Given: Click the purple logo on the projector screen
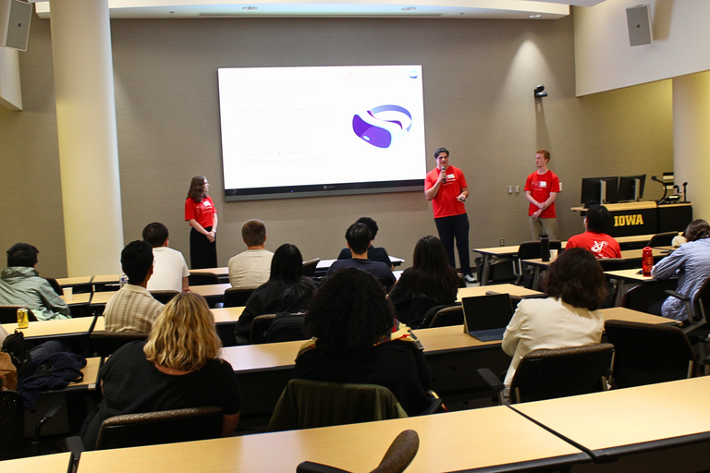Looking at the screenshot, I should [381, 126].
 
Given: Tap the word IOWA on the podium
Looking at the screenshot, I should [628, 220].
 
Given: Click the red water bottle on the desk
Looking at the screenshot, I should [647, 261].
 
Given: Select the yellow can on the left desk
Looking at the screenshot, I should [22, 318].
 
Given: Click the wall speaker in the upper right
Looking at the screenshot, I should [638, 25].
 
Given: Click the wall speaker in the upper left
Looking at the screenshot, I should [18, 24].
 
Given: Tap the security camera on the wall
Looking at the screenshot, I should [540, 91].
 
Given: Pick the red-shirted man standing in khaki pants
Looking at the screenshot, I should [542, 194].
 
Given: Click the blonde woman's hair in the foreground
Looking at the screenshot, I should [182, 333].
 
